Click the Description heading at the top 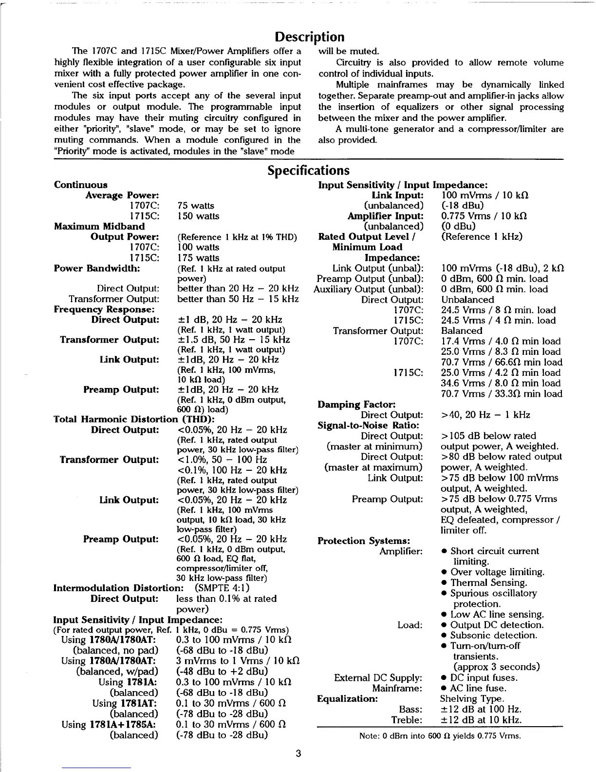pos(309,37)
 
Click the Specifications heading pos(308,171)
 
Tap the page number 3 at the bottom pos(298,753)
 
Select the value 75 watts pos(196,206)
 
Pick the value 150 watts pos(198,216)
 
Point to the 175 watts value pos(198,258)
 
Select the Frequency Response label pos(104,309)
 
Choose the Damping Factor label pos(356,405)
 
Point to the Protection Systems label pos(363,540)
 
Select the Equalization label pos(347,699)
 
